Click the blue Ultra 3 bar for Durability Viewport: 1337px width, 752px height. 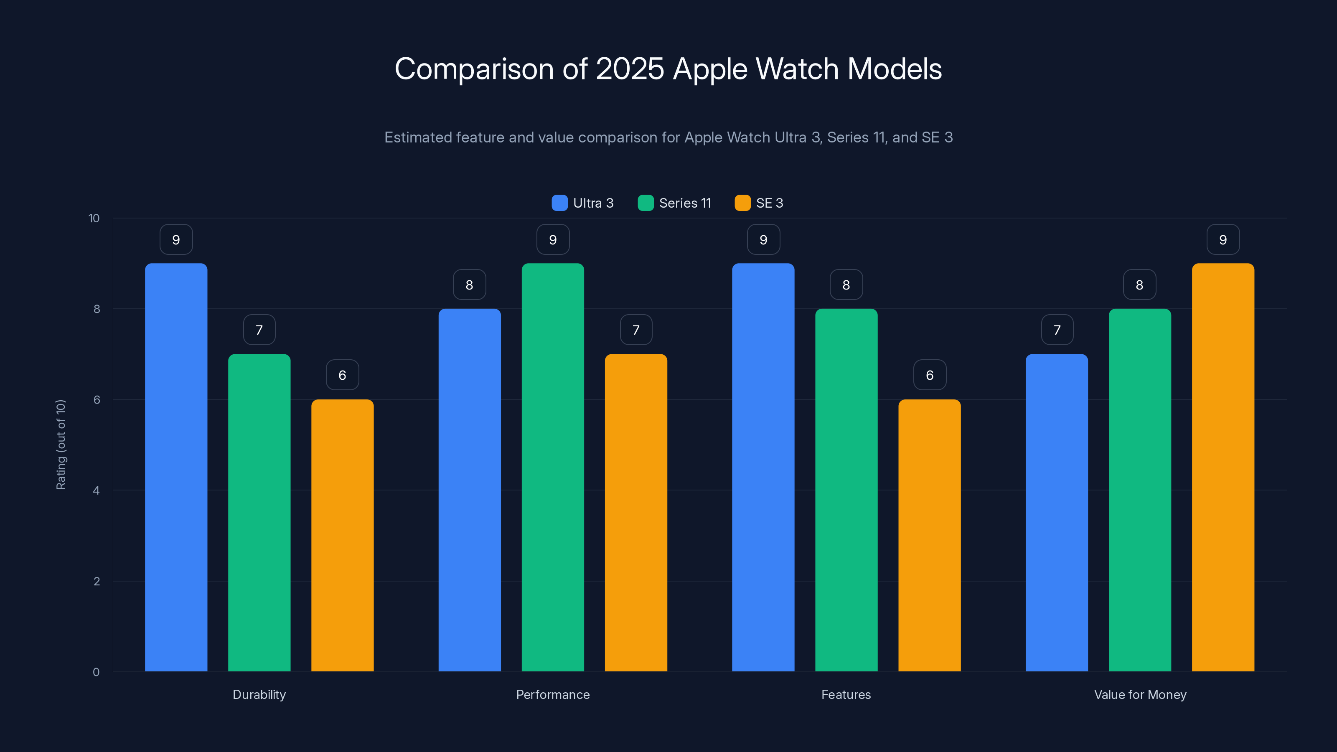tap(176, 467)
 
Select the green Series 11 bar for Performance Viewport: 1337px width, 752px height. tap(553, 467)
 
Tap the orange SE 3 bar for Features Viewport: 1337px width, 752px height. tap(929, 535)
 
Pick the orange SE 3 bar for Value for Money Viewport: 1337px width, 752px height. tap(1223, 467)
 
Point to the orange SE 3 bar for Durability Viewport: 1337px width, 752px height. tap(342, 535)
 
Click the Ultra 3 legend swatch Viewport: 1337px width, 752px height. tap(559, 203)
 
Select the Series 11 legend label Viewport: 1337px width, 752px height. tap(685, 203)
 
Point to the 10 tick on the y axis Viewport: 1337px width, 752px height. tap(94, 218)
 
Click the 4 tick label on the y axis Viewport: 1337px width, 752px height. tap(96, 490)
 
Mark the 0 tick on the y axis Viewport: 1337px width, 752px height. tap(96, 672)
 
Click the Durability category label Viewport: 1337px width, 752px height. tap(259, 694)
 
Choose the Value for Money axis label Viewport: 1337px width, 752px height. tap(1140, 694)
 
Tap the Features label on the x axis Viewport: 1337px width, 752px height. tap(846, 694)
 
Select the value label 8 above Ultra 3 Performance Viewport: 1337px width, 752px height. tap(469, 285)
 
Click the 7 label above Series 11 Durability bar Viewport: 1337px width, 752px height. tap(259, 330)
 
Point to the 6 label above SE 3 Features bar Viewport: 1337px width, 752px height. tap(930, 375)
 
